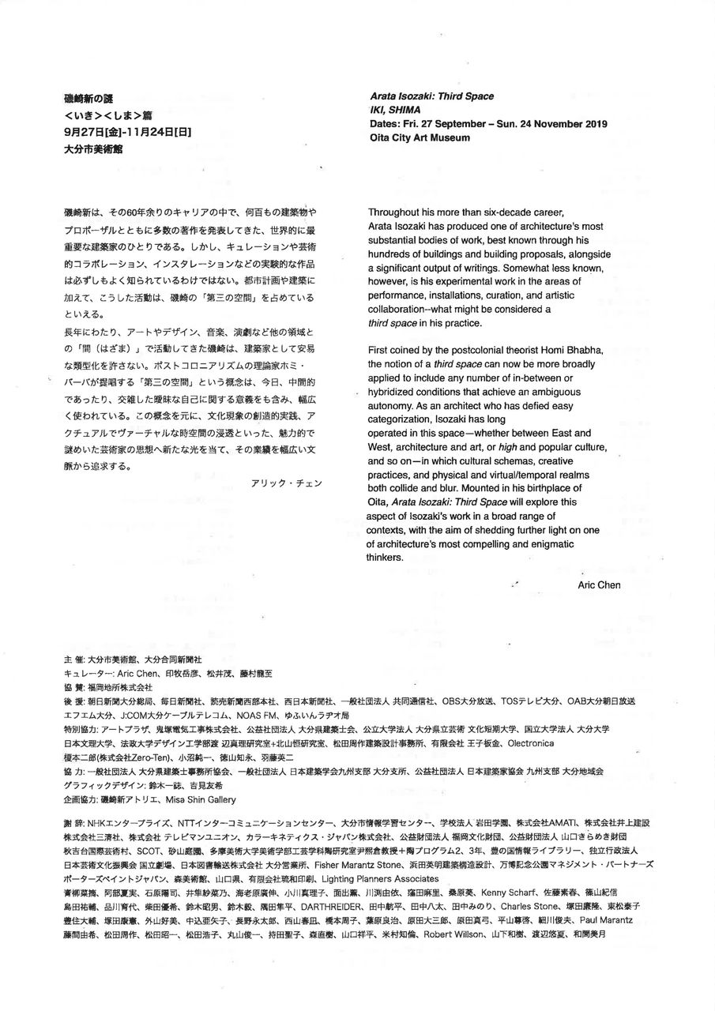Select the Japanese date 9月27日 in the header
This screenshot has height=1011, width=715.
coord(82,130)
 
